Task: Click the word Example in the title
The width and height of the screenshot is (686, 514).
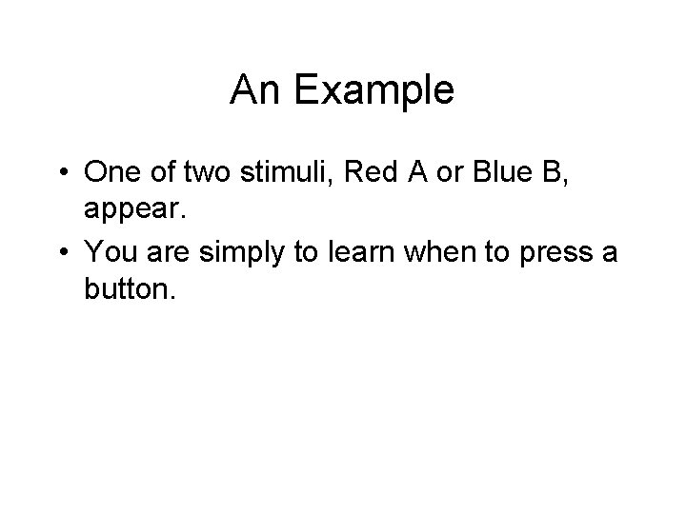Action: pos(373,91)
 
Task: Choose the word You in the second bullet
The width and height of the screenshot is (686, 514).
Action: pos(108,252)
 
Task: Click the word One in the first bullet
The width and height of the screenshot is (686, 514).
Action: pos(111,173)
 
